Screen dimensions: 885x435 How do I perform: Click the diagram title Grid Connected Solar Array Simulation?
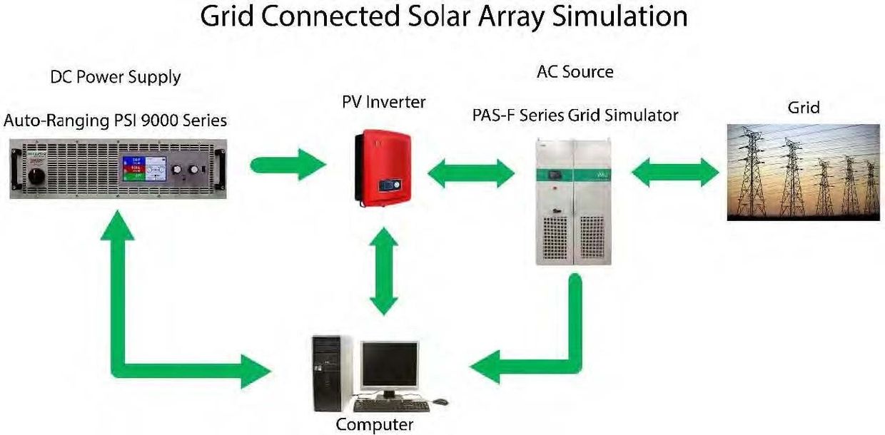[444, 16]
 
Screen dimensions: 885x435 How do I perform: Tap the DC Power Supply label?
[116, 77]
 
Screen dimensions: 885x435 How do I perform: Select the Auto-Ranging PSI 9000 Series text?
[115, 121]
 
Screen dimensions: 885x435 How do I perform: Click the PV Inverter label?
[384, 102]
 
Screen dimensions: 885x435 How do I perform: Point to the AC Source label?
[575, 72]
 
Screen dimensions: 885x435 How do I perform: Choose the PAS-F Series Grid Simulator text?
[575, 116]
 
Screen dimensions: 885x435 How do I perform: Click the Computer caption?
[375, 425]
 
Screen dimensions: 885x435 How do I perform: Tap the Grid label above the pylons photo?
[804, 108]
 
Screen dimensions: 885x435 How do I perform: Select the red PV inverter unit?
[383, 168]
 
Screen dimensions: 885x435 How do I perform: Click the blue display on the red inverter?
[390, 185]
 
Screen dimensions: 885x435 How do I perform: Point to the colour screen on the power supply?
[144, 169]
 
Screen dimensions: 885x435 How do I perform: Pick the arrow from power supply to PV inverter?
[288, 165]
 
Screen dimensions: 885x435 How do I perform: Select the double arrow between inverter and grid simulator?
[471, 173]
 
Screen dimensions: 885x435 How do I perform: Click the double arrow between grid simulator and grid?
[675, 173]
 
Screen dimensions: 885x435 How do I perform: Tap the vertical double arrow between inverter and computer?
[384, 271]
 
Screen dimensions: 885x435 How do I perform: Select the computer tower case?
[327, 374]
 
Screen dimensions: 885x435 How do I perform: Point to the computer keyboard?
[392, 406]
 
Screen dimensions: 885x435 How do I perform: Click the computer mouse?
[440, 402]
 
